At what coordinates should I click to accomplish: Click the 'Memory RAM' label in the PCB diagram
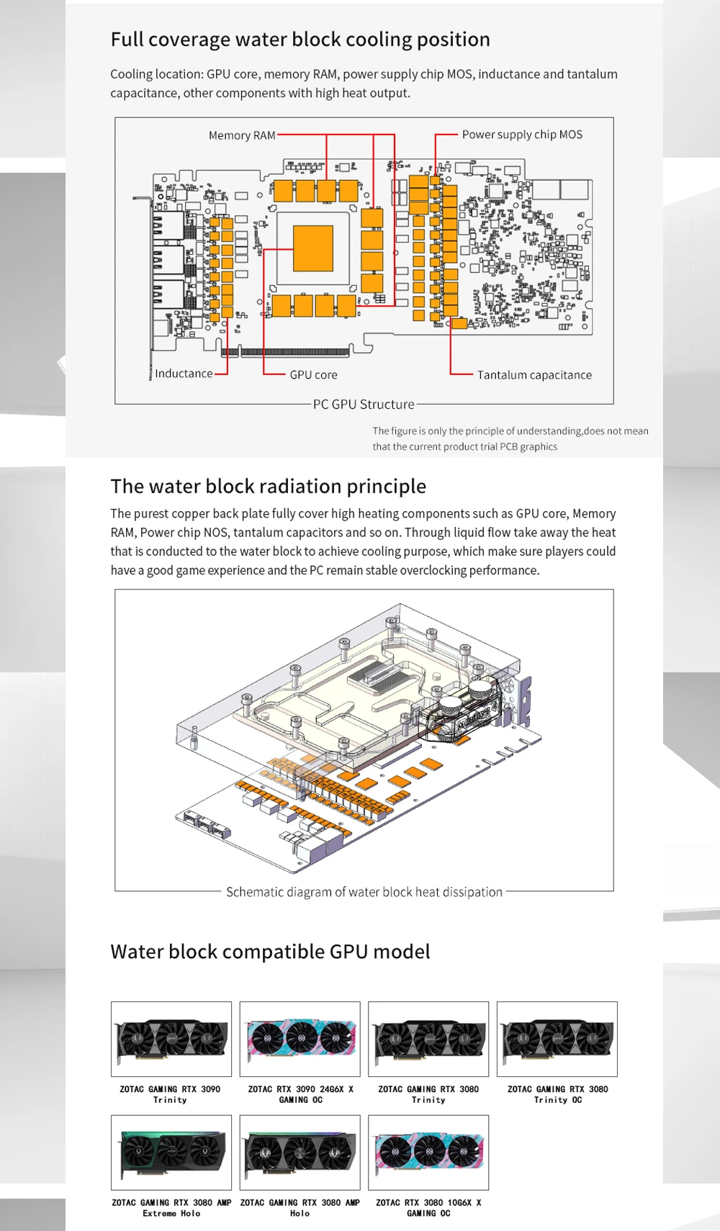click(x=242, y=135)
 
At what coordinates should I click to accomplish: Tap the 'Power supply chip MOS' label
click(x=522, y=135)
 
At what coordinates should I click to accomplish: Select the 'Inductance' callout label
click(x=184, y=374)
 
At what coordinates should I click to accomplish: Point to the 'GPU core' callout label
click(x=313, y=375)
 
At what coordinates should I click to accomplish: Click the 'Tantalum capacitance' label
click(x=534, y=375)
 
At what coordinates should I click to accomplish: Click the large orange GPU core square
click(x=313, y=248)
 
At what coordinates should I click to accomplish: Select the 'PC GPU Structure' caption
click(x=364, y=405)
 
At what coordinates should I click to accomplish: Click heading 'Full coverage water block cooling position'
click(x=300, y=40)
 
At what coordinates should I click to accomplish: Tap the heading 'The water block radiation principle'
click(x=268, y=487)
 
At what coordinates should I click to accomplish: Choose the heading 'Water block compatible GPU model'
click(x=270, y=952)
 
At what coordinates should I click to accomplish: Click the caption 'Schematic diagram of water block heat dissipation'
click(x=364, y=892)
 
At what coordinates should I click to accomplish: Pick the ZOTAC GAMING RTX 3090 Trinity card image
click(x=171, y=1039)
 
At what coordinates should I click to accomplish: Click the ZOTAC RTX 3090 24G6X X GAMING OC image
click(x=300, y=1039)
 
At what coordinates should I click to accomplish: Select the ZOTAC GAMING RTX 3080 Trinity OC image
click(x=557, y=1039)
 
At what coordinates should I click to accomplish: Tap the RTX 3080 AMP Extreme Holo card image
click(x=171, y=1153)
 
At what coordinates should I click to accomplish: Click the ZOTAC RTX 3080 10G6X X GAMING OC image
click(x=428, y=1153)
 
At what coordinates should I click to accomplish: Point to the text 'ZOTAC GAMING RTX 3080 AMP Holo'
click(x=300, y=1208)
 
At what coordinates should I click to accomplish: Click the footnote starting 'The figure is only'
click(x=510, y=438)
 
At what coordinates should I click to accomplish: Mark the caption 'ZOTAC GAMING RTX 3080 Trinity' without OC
click(x=428, y=1094)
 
